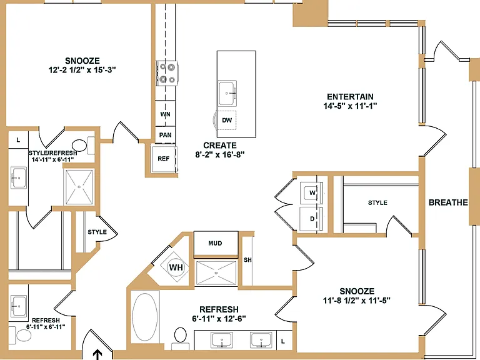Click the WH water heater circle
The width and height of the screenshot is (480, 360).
[176, 267]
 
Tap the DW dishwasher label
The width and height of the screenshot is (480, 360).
[227, 120]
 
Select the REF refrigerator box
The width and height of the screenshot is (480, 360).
[164, 159]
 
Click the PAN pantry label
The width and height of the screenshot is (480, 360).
[165, 135]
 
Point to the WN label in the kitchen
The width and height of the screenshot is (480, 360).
[165, 114]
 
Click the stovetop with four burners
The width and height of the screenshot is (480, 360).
[167, 74]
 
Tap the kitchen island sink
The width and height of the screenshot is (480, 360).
[227, 92]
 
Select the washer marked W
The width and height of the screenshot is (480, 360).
[311, 192]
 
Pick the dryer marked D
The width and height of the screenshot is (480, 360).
[311, 219]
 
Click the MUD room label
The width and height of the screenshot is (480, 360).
[215, 243]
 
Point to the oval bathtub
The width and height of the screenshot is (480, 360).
[145, 317]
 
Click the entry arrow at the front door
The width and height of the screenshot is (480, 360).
[97, 354]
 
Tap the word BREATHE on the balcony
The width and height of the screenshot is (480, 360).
[448, 202]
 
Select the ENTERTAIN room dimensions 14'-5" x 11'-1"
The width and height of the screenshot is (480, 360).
[350, 106]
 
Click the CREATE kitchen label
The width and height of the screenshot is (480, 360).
[220, 146]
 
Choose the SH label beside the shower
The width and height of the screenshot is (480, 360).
[247, 260]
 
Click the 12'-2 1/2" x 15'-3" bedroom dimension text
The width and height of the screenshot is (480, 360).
[82, 70]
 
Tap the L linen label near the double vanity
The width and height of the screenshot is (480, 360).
[283, 341]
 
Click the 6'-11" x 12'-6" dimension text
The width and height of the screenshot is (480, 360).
[219, 319]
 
